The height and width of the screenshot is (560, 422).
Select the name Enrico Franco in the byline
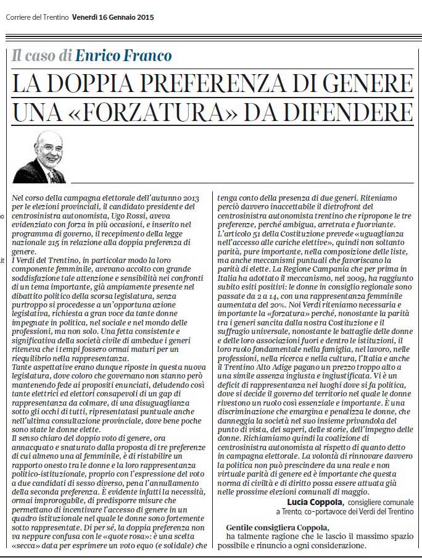pos(123,56)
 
